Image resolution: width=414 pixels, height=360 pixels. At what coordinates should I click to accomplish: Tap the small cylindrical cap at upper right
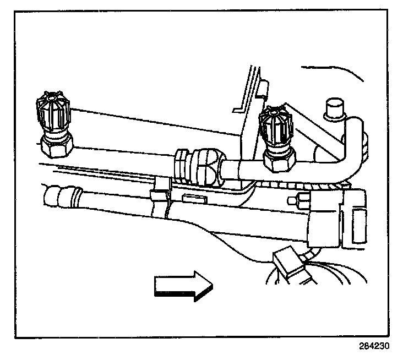pyautogui.click(x=334, y=108)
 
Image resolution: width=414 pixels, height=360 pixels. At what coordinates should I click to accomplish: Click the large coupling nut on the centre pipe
pyautogui.click(x=210, y=165)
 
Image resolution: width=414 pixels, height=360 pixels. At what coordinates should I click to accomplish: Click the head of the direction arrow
pyautogui.click(x=201, y=288)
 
